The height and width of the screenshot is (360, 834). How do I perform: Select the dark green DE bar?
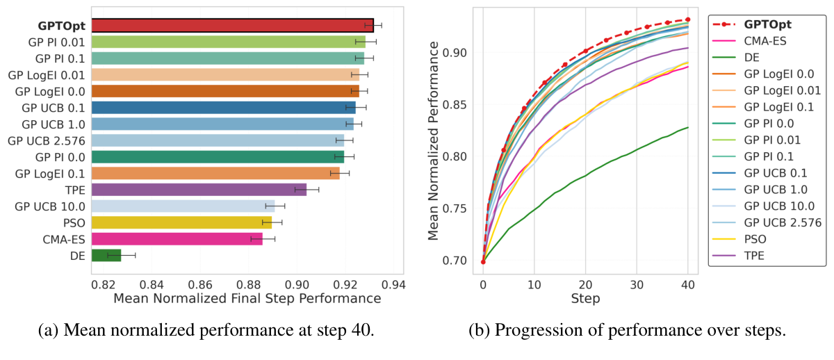coord(106,255)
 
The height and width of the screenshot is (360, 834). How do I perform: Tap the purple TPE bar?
coord(199,189)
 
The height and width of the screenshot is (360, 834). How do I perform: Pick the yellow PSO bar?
coord(181,222)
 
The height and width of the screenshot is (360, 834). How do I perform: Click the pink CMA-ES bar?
coord(177,239)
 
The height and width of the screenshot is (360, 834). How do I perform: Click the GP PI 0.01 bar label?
coord(58,42)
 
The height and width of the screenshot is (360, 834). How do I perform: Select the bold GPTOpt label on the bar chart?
coord(61,26)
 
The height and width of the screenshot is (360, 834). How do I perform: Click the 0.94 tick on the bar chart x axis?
coord(393,285)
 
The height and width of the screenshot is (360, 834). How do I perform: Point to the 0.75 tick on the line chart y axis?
coord(459,208)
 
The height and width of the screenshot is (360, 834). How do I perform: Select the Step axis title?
coord(585,299)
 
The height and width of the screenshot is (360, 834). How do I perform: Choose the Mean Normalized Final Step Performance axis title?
coord(247,299)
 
